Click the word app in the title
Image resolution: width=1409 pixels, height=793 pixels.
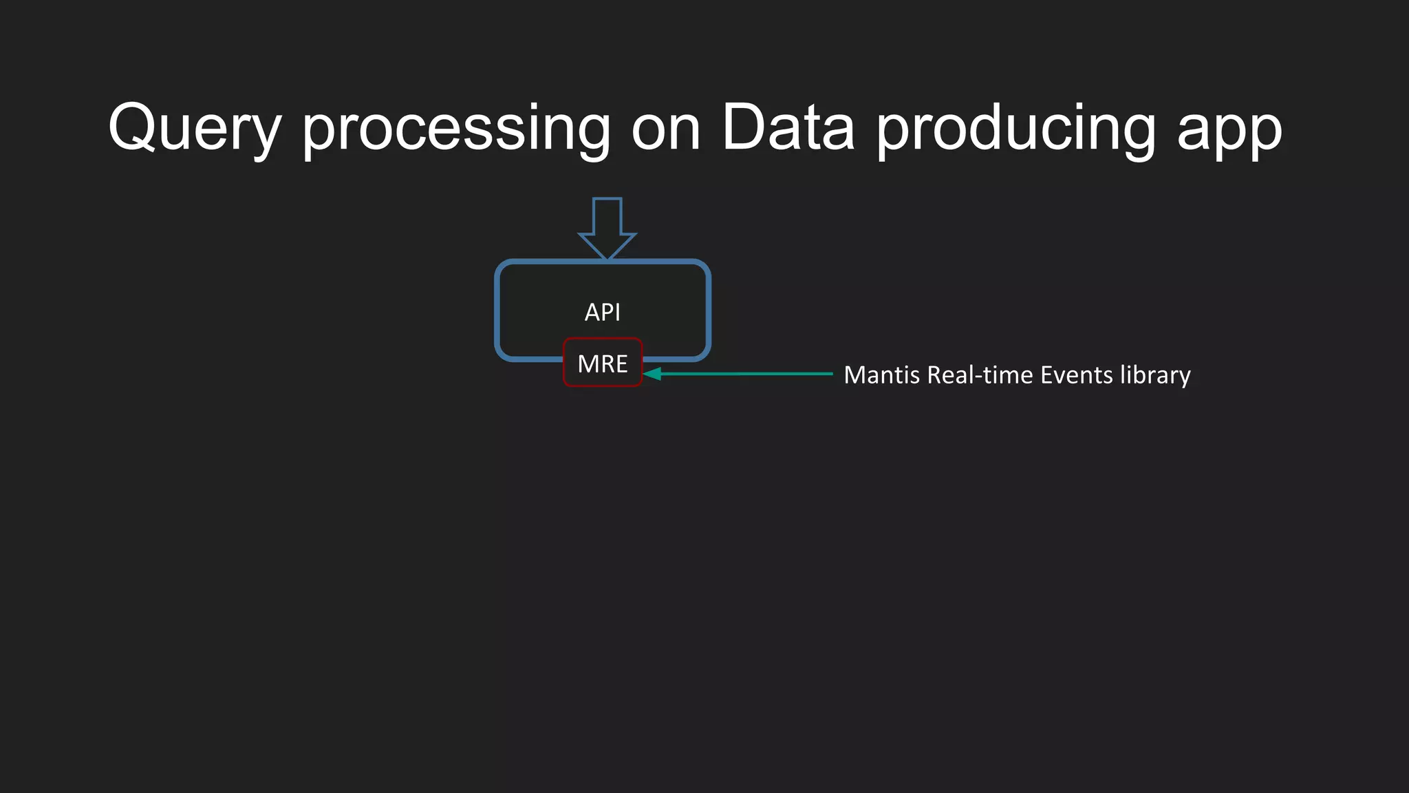[x=1229, y=131]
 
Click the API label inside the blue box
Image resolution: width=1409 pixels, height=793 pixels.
[x=603, y=313]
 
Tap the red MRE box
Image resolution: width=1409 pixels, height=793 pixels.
[x=603, y=363]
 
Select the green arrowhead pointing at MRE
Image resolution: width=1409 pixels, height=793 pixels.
[x=652, y=374]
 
